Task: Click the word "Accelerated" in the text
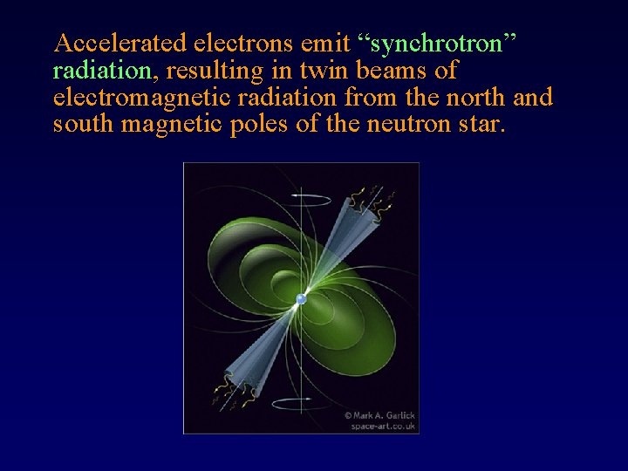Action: click(119, 44)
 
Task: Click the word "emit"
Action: click(329, 44)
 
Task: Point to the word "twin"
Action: click(327, 71)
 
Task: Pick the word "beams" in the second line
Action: click(396, 71)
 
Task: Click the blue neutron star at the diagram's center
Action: click(301, 299)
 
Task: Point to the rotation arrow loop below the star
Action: click(301, 403)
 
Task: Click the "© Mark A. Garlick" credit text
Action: click(380, 415)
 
